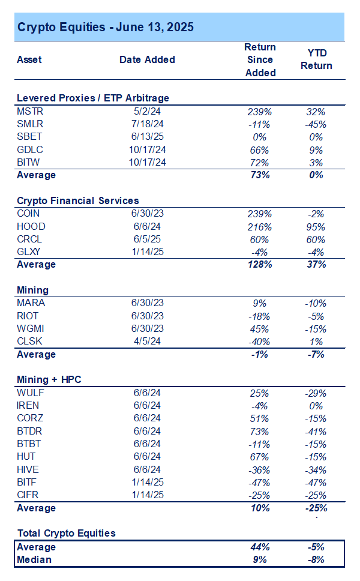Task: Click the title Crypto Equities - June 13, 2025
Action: (x=105, y=27)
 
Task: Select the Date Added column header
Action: (x=147, y=59)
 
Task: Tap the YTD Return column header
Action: (x=316, y=59)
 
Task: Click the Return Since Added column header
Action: (x=260, y=59)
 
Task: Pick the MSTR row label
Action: (x=30, y=112)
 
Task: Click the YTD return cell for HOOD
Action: (x=316, y=227)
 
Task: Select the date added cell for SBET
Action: (x=147, y=137)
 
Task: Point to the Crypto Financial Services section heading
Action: (x=78, y=201)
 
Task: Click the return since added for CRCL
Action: (x=260, y=239)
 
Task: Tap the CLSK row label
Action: (x=30, y=342)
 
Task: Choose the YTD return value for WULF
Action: (x=316, y=393)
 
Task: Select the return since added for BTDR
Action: (x=260, y=431)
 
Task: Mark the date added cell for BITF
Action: (x=147, y=482)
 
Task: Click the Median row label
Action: (x=34, y=559)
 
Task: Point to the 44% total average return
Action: (x=260, y=547)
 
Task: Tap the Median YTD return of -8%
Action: (x=316, y=559)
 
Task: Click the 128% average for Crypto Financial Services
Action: (x=260, y=265)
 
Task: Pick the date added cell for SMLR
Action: (x=147, y=124)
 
